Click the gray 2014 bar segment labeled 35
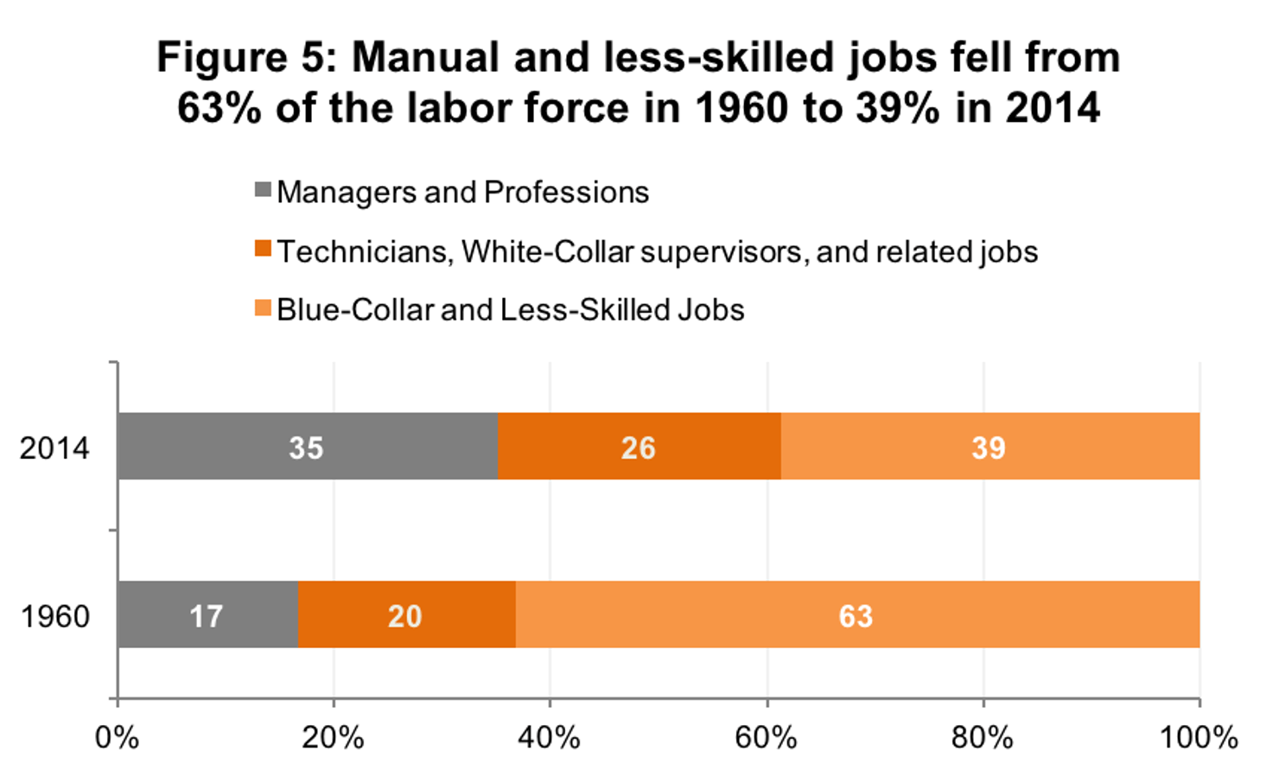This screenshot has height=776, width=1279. point(307,446)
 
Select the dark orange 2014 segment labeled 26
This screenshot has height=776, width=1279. point(639,446)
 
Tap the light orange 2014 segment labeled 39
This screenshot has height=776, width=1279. point(989,446)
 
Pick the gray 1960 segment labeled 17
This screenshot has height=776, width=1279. point(207,614)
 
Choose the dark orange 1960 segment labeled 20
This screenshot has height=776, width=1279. point(406,614)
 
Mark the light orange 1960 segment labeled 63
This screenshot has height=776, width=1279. point(856,614)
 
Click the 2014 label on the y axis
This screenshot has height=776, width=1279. point(54,448)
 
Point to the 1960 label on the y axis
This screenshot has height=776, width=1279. point(55,616)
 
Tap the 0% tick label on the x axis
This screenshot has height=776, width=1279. point(118,737)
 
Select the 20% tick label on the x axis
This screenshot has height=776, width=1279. point(334,737)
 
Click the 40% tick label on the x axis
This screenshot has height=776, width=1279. point(550,737)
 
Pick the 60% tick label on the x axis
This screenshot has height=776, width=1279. point(766,737)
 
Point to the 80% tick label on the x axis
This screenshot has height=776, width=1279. point(983,737)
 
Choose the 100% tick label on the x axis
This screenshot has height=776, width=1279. point(1199,737)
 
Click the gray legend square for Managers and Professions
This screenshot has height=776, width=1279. point(263,190)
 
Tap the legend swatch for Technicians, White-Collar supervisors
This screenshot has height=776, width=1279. point(263,250)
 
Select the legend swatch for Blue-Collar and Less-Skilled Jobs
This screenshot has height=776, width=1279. point(263,308)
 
